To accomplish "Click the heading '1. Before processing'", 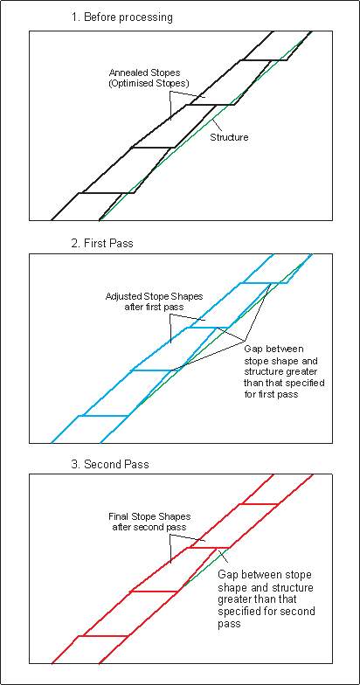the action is (x=122, y=17).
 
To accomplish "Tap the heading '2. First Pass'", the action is (x=102, y=243).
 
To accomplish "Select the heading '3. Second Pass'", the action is (x=110, y=464).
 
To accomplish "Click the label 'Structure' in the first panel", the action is (x=229, y=137).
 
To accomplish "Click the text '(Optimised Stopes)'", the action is (x=149, y=83).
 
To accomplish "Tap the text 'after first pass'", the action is (x=154, y=307).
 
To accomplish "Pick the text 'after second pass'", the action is (x=149, y=527).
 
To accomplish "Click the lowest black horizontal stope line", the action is (x=107, y=192).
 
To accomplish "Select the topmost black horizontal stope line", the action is (x=264, y=59).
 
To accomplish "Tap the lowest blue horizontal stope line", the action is (x=103, y=416).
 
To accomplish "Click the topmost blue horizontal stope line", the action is (x=264, y=283).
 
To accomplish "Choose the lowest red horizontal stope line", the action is (x=103, y=636).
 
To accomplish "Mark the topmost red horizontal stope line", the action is (x=259, y=504).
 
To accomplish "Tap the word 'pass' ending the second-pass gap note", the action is (x=229, y=624).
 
